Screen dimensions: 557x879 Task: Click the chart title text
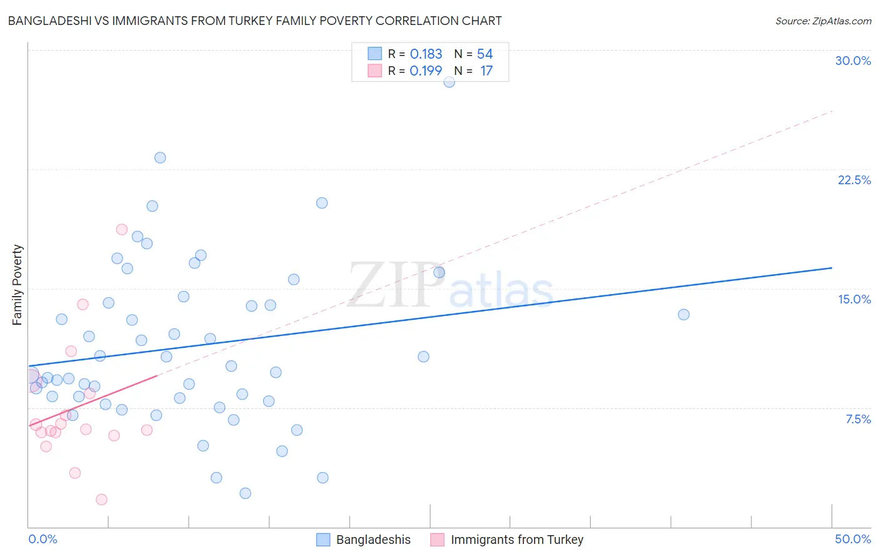254,21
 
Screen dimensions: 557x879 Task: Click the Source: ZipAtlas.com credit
823,21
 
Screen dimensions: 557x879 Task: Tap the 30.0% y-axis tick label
853,61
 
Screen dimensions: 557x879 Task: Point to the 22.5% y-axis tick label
854,180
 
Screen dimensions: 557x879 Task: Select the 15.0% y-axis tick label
854,299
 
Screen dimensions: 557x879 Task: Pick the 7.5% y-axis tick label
858,419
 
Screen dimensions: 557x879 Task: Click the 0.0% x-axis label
43,539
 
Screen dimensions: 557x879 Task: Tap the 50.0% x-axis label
853,539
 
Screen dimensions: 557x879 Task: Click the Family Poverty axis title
17,285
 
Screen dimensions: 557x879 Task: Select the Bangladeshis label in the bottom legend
373,540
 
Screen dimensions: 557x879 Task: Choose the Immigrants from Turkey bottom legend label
516,540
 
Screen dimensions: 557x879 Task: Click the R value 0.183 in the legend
426,54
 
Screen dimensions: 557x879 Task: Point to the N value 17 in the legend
486,71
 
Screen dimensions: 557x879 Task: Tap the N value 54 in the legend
485,54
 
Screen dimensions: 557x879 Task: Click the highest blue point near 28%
449,82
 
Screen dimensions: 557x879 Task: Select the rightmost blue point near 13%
683,314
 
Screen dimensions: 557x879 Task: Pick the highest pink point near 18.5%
122,229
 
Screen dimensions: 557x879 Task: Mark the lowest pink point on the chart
101,500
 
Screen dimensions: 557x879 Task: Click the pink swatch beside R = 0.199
374,71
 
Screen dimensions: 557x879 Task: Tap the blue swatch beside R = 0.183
374,54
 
